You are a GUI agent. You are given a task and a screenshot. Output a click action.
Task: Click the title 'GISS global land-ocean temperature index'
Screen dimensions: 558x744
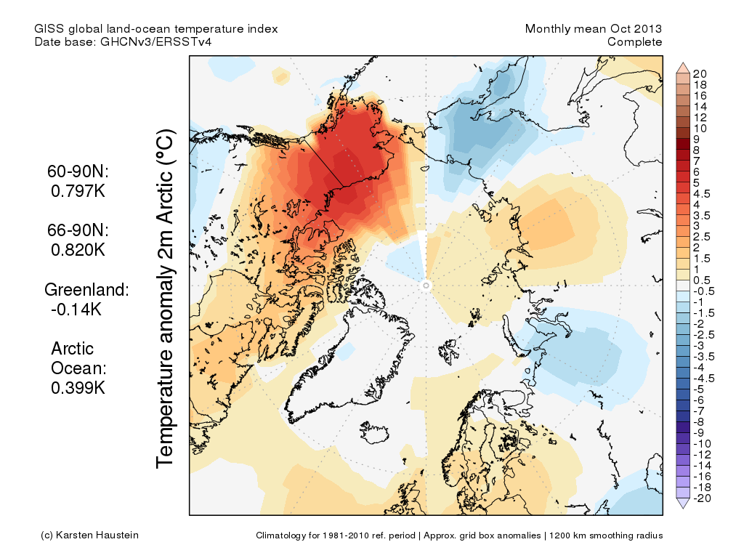coord(155,29)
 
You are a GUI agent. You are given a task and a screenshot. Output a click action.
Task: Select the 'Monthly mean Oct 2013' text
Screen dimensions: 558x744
coord(593,29)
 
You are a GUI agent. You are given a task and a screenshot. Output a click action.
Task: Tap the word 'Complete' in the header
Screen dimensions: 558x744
coord(634,42)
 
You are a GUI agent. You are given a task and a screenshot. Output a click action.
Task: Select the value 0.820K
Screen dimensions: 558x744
coord(78,250)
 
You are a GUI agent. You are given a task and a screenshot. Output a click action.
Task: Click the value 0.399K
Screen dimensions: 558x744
coord(78,388)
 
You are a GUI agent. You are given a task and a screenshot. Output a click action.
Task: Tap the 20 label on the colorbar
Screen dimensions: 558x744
coord(700,73)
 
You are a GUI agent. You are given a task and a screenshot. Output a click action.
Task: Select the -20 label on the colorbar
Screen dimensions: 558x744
coord(702,498)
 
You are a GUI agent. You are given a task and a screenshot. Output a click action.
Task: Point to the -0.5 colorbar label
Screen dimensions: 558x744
coord(704,291)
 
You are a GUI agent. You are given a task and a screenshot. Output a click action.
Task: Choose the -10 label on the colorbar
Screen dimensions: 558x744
coord(702,443)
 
